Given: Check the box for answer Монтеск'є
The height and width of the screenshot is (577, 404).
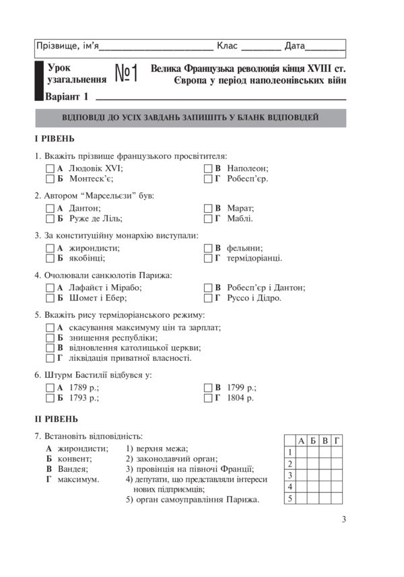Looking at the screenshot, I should click(x=50, y=179).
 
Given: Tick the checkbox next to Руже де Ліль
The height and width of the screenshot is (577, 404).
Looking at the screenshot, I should click(x=50, y=218).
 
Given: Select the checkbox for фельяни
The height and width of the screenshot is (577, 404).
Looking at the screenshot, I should click(x=208, y=248).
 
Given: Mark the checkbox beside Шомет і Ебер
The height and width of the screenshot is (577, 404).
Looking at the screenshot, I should click(x=50, y=297).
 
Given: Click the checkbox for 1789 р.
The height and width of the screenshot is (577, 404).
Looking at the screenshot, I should click(x=50, y=388).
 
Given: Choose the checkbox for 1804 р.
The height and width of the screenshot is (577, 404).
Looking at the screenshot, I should click(x=208, y=398).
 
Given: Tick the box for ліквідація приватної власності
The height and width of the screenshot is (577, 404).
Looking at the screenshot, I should click(x=50, y=358).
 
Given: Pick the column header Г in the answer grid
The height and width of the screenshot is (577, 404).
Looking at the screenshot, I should click(x=337, y=440).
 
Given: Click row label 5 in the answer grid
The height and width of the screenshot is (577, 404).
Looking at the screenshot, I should click(x=290, y=499).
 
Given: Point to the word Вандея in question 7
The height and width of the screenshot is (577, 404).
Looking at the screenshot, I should click(x=73, y=469).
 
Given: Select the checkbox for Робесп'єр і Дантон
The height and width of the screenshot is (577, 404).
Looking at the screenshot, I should click(x=208, y=287).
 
